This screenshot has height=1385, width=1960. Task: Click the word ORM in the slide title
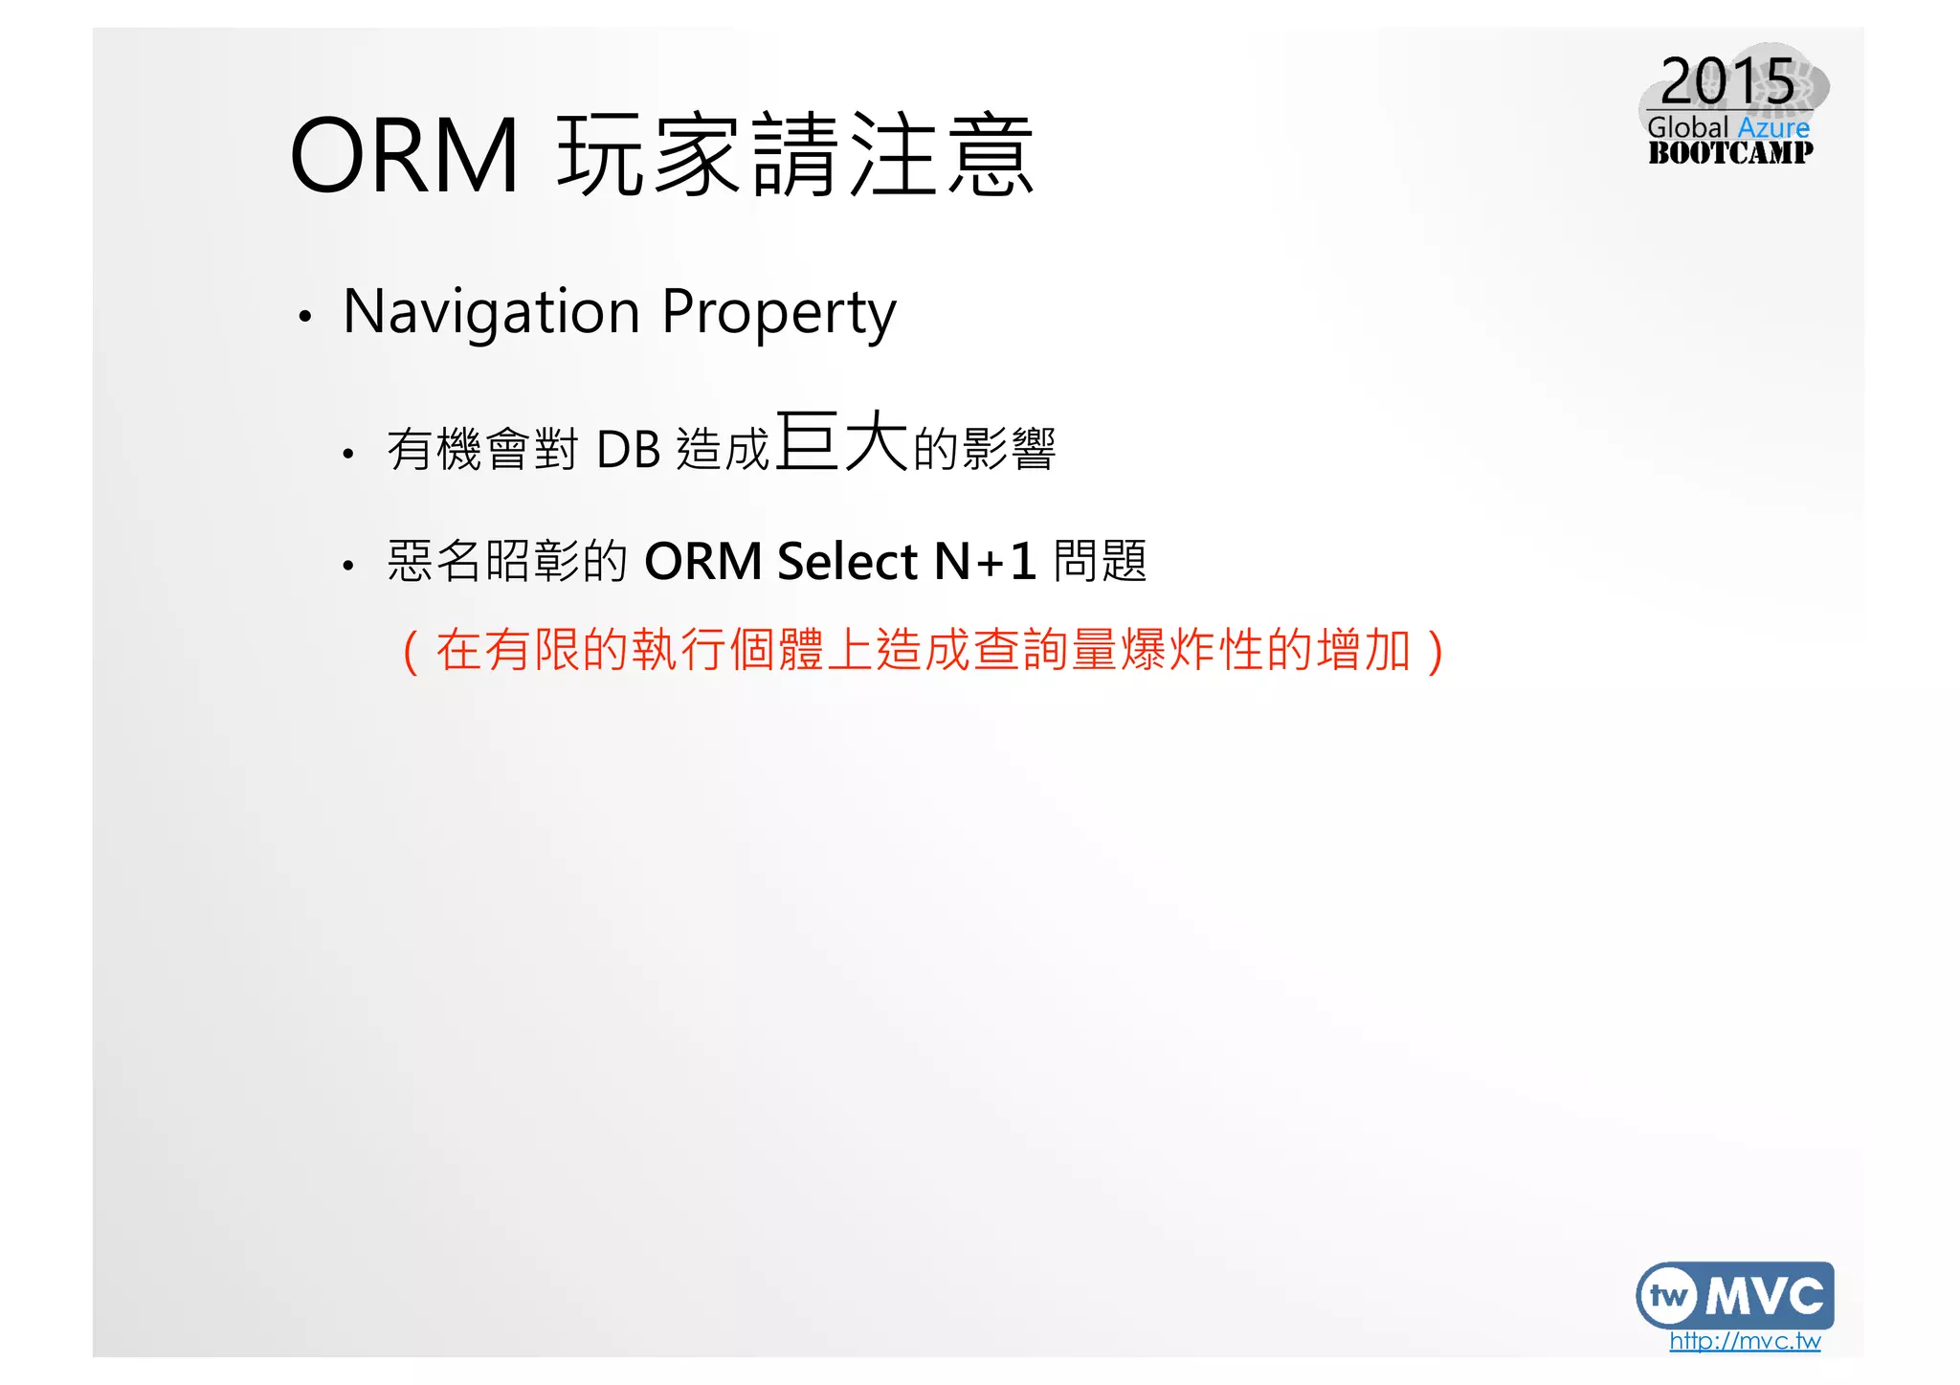404,155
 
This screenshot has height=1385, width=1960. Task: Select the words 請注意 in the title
894,155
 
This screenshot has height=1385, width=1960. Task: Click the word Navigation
491,312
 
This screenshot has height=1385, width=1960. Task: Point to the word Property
779,312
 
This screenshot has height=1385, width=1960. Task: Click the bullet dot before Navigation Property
304,316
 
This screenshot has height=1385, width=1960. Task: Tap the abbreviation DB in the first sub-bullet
628,450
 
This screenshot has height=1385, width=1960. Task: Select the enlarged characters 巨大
841,442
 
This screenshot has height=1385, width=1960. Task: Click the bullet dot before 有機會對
348,455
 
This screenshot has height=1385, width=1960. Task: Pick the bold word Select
848,562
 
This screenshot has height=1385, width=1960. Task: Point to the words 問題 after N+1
1100,561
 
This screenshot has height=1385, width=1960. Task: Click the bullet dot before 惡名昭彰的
348,567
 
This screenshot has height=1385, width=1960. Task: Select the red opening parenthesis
411,652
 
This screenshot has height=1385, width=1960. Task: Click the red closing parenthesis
1435,652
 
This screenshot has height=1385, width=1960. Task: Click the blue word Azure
1773,127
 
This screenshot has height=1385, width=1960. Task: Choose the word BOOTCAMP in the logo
1730,152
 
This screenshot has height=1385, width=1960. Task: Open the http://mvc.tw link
1745,1341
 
